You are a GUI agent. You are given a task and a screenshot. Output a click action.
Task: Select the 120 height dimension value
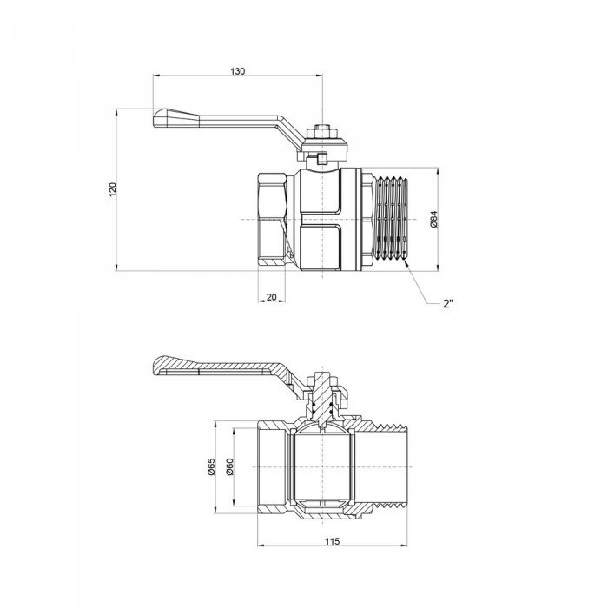click(111, 189)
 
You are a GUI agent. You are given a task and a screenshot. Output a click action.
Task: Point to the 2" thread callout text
click(449, 302)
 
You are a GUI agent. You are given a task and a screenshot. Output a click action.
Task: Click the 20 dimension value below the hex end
click(272, 297)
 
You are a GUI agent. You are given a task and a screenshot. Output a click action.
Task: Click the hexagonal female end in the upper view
click(276, 221)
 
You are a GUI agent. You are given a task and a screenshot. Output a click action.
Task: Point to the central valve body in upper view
click(325, 221)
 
